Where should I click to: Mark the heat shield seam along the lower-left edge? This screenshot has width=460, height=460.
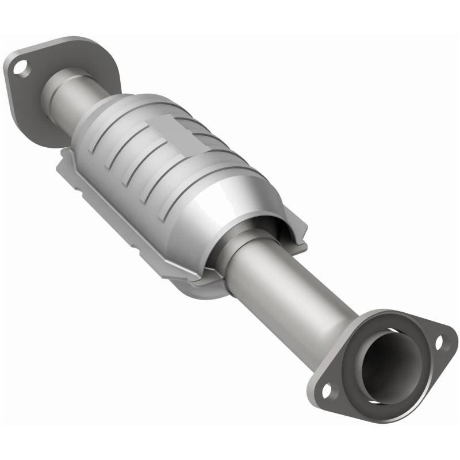115,224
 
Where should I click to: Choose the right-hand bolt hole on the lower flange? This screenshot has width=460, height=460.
440,343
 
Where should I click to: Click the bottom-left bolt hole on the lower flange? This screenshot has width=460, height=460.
327,391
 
